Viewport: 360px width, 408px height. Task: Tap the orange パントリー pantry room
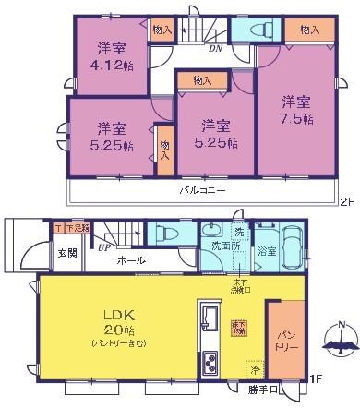coord(283,342)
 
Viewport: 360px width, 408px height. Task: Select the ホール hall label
coord(130,261)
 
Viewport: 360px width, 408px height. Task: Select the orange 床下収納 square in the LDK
coord(236,327)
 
